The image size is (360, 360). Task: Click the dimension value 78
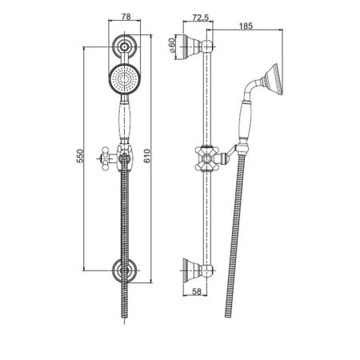126,17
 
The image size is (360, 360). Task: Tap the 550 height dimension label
80,156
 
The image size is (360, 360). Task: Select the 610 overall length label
147,156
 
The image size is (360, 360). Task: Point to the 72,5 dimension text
200,18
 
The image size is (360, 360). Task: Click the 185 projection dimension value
246,26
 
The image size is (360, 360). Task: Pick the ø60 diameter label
172,45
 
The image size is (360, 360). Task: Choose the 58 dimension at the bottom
197,291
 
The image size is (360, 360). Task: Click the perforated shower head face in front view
124,79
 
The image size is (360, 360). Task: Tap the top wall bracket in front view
124,47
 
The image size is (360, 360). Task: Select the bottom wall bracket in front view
124,270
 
